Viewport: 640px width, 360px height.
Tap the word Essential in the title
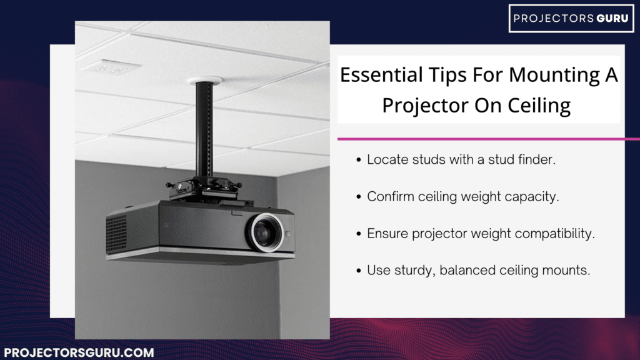379,76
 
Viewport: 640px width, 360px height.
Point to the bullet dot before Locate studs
358,160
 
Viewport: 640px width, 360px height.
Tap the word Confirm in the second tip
390,196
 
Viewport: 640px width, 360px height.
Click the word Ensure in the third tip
387,234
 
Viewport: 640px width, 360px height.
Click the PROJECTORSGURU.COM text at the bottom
79,352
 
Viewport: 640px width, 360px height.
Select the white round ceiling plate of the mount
204,81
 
